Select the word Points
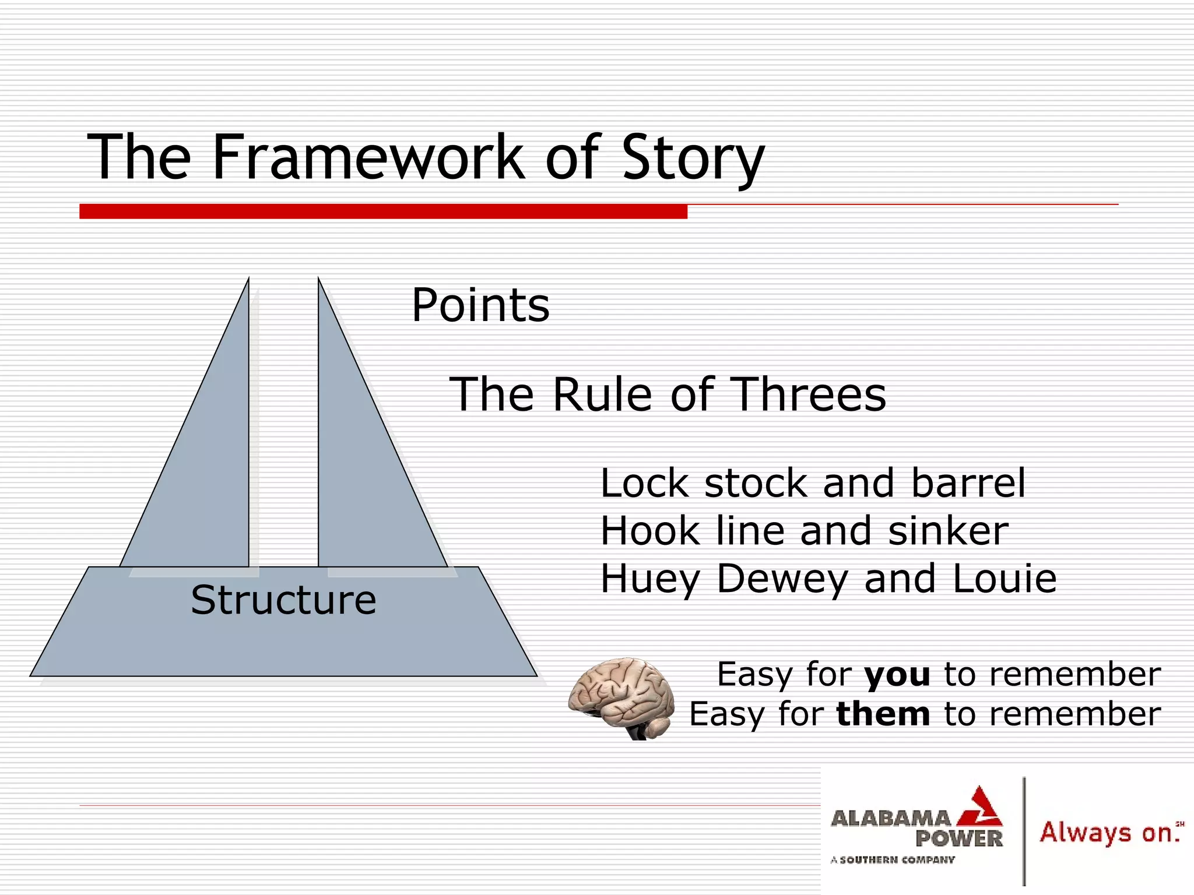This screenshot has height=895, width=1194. pyautogui.click(x=480, y=305)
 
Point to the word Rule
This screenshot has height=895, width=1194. pyautogui.click(x=602, y=394)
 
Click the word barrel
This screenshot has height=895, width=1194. pyautogui.click(x=968, y=483)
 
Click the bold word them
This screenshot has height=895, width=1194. pyautogui.click(x=883, y=714)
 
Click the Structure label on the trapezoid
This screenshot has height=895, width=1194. pyautogui.click(x=283, y=600)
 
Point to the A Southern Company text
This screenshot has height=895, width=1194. pyautogui.click(x=893, y=859)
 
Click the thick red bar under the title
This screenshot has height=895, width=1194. pyautogui.click(x=383, y=212)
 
